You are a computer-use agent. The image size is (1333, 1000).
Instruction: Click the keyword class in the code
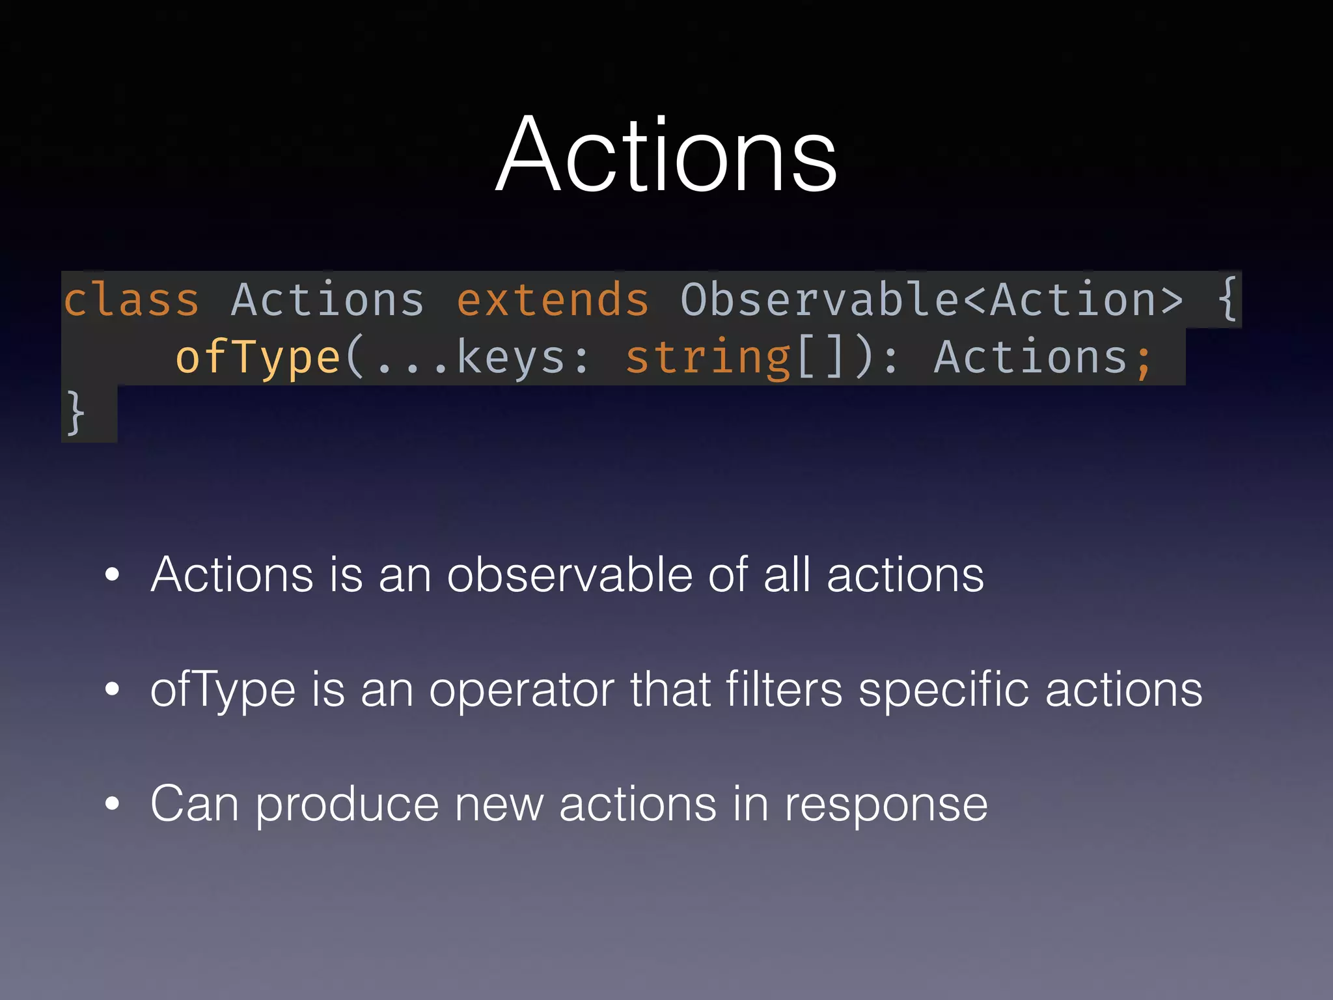click(131, 300)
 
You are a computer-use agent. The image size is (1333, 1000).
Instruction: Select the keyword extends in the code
click(553, 300)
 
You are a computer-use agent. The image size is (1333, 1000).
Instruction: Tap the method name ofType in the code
click(258, 357)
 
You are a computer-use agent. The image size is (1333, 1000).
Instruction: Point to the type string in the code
click(708, 357)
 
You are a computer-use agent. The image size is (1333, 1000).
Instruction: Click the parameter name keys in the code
click(511, 357)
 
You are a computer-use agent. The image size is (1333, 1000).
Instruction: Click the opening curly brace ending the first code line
click(1227, 299)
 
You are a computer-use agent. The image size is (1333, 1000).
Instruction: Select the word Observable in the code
click(819, 300)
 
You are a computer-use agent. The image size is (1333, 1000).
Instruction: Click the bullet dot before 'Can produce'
click(113, 804)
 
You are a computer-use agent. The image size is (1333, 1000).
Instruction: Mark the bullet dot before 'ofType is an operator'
click(113, 689)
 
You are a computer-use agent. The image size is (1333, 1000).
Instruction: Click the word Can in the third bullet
click(194, 804)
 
